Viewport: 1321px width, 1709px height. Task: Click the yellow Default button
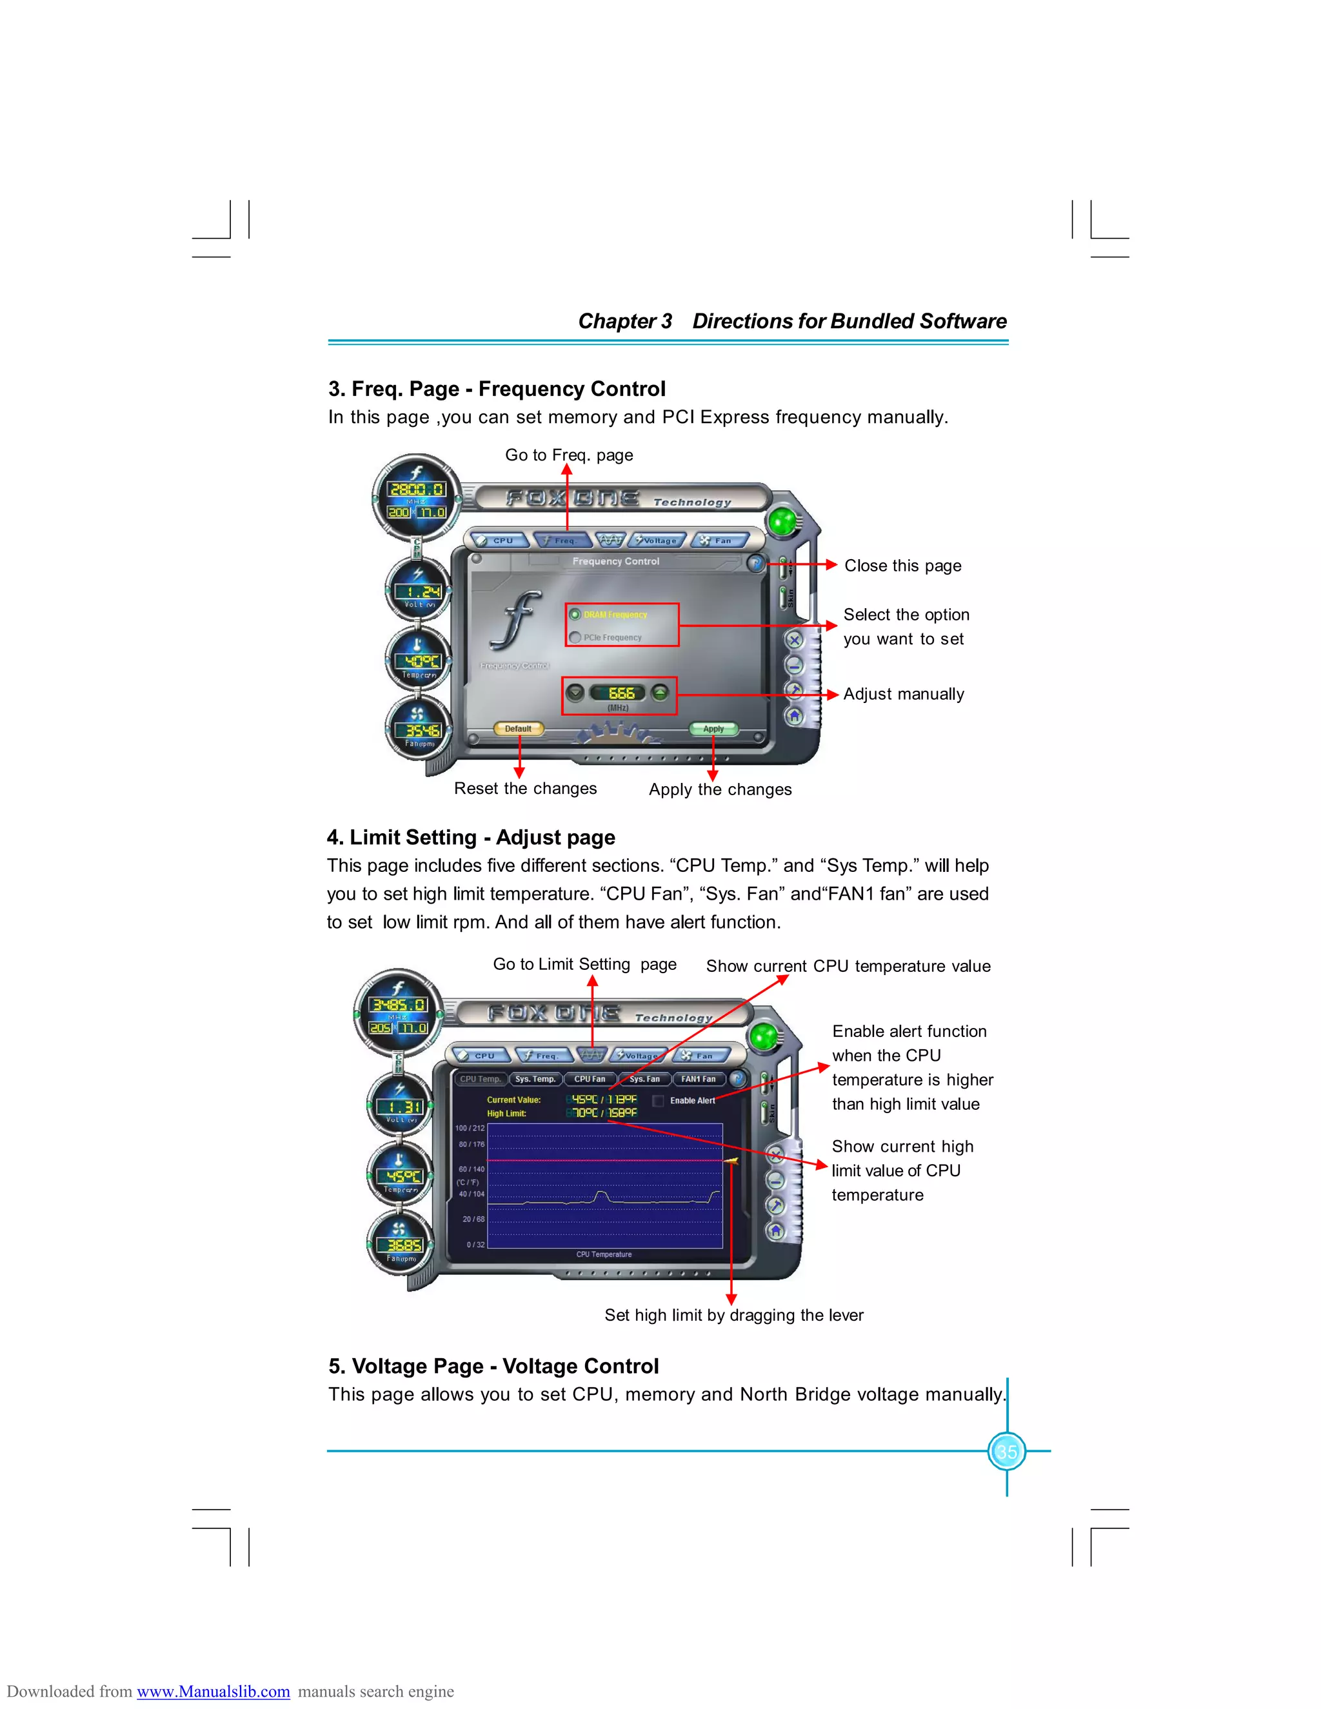[518, 729]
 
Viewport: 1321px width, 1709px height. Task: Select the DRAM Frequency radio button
[575, 614]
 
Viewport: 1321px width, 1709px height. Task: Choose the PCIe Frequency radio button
[575, 637]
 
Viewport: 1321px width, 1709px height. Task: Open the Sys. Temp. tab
[535, 1079]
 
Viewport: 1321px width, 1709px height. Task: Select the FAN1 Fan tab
[698, 1079]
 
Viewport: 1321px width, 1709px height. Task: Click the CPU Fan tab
[590, 1079]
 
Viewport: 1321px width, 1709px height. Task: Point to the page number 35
[1006, 1452]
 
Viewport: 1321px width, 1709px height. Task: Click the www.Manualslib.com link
[213, 1691]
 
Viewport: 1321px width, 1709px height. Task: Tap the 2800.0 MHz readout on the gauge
[416, 489]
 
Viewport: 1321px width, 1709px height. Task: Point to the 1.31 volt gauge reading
[400, 1107]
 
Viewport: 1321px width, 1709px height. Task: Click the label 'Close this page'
[902, 566]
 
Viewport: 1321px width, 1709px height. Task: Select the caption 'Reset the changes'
[525, 789]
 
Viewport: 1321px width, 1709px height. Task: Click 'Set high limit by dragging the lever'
[733, 1316]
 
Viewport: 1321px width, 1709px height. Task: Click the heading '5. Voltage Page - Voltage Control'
[493, 1367]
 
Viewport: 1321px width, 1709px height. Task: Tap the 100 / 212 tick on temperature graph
[470, 1129]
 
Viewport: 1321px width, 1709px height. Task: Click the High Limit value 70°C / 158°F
[603, 1112]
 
